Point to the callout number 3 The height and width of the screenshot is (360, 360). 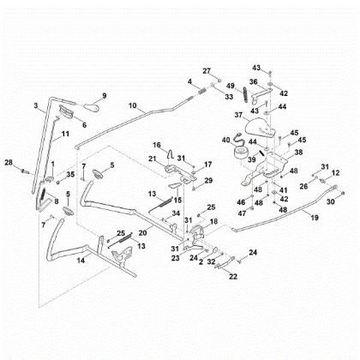coord(36,105)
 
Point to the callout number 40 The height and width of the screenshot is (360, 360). coord(226,141)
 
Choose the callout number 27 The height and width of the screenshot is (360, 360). coord(206,69)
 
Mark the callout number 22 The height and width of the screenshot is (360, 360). coord(231,276)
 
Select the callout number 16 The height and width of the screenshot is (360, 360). coord(157,144)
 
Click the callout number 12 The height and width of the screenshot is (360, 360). coord(335,172)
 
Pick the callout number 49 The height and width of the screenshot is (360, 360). coord(231,86)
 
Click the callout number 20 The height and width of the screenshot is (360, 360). coord(142,233)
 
